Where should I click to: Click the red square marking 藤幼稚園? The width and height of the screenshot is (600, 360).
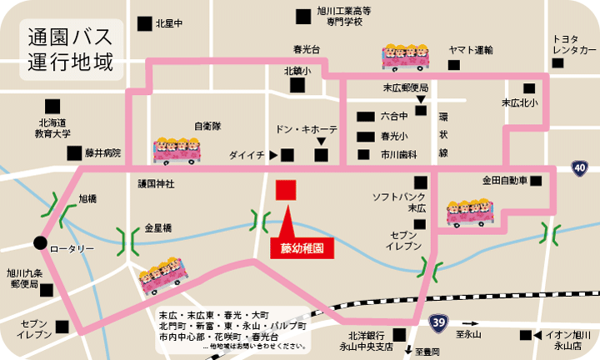(285, 189)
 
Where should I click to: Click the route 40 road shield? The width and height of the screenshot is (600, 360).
(579, 168)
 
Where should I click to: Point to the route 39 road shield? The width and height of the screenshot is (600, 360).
(438, 321)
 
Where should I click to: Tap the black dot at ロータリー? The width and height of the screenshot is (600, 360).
(39, 243)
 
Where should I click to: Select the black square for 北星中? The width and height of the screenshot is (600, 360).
(147, 23)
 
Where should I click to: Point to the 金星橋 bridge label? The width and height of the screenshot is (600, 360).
(157, 227)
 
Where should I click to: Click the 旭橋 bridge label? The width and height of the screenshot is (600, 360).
(87, 199)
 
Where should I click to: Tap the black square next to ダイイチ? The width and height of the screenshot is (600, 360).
(287, 155)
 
